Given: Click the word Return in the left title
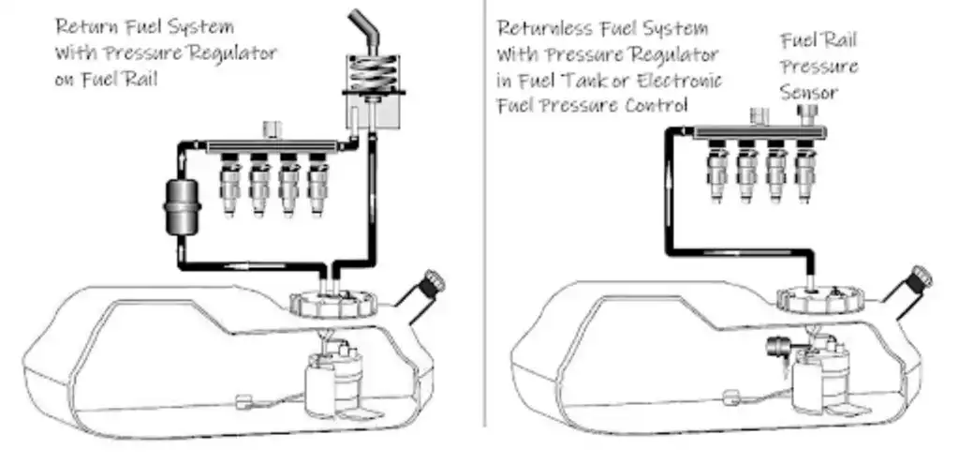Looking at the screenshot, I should point(81,25).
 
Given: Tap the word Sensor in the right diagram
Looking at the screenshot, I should point(810,94).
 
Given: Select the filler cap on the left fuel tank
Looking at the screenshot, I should point(434,282).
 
